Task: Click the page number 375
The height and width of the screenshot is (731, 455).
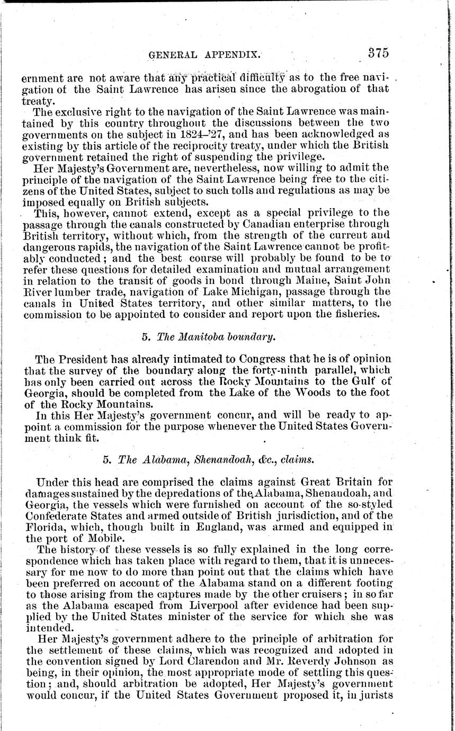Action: click(x=374, y=53)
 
